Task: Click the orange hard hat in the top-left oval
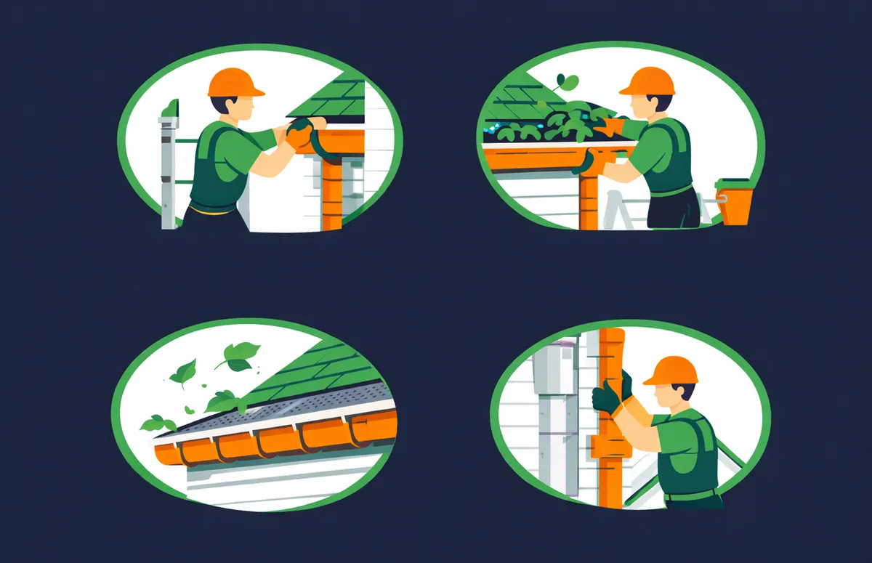(x=235, y=83)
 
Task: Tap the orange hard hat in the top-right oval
(x=647, y=81)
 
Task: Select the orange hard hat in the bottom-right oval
(x=670, y=370)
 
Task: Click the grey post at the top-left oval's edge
(x=169, y=167)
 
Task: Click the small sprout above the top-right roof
(x=566, y=82)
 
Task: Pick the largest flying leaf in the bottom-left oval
(x=237, y=356)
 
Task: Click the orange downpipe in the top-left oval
(x=331, y=193)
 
